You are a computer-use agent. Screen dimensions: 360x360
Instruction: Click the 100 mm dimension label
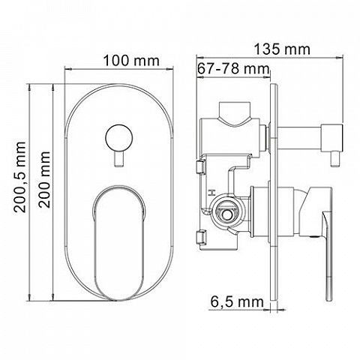click(x=131, y=61)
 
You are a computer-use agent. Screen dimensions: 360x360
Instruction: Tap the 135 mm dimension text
click(x=282, y=49)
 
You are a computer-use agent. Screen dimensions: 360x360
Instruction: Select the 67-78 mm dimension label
click(x=233, y=68)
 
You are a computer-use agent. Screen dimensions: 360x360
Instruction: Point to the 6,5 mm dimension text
click(x=237, y=302)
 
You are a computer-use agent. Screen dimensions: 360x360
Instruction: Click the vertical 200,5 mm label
click(x=20, y=177)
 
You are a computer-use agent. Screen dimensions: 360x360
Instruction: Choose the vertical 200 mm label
click(x=44, y=179)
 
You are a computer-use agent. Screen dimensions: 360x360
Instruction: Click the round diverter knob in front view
click(x=118, y=139)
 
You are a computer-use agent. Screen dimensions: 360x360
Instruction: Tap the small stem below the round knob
click(x=118, y=159)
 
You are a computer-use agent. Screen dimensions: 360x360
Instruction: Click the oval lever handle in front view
click(x=119, y=243)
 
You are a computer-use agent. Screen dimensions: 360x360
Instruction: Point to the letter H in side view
click(x=211, y=193)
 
